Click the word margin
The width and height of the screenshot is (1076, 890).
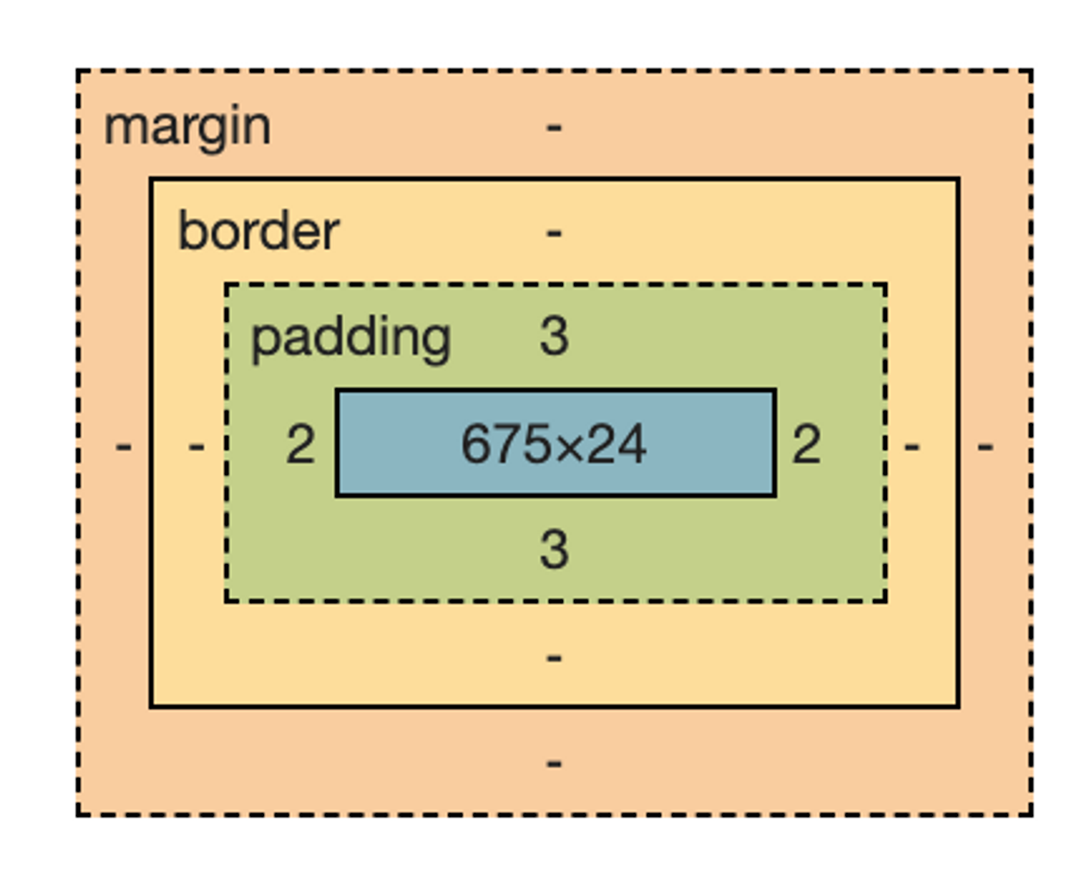[187, 127]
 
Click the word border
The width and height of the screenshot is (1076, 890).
[258, 231]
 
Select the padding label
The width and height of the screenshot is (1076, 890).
[351, 338]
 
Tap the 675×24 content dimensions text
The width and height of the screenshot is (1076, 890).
[553, 445]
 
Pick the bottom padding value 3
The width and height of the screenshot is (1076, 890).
[554, 550]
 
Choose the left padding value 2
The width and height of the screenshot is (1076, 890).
[300, 445]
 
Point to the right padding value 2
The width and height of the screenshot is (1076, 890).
[806, 445]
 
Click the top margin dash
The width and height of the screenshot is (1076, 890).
[554, 127]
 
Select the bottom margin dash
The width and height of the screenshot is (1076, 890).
[554, 763]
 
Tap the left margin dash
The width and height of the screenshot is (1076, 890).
[123, 446]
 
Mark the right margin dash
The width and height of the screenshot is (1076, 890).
[985, 446]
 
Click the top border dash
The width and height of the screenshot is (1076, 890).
[554, 233]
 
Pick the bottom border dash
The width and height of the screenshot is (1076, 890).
[554, 658]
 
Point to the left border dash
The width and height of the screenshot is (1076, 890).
[196, 446]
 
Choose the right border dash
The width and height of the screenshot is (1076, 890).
[912, 446]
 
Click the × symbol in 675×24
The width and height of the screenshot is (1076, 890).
[570, 448]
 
